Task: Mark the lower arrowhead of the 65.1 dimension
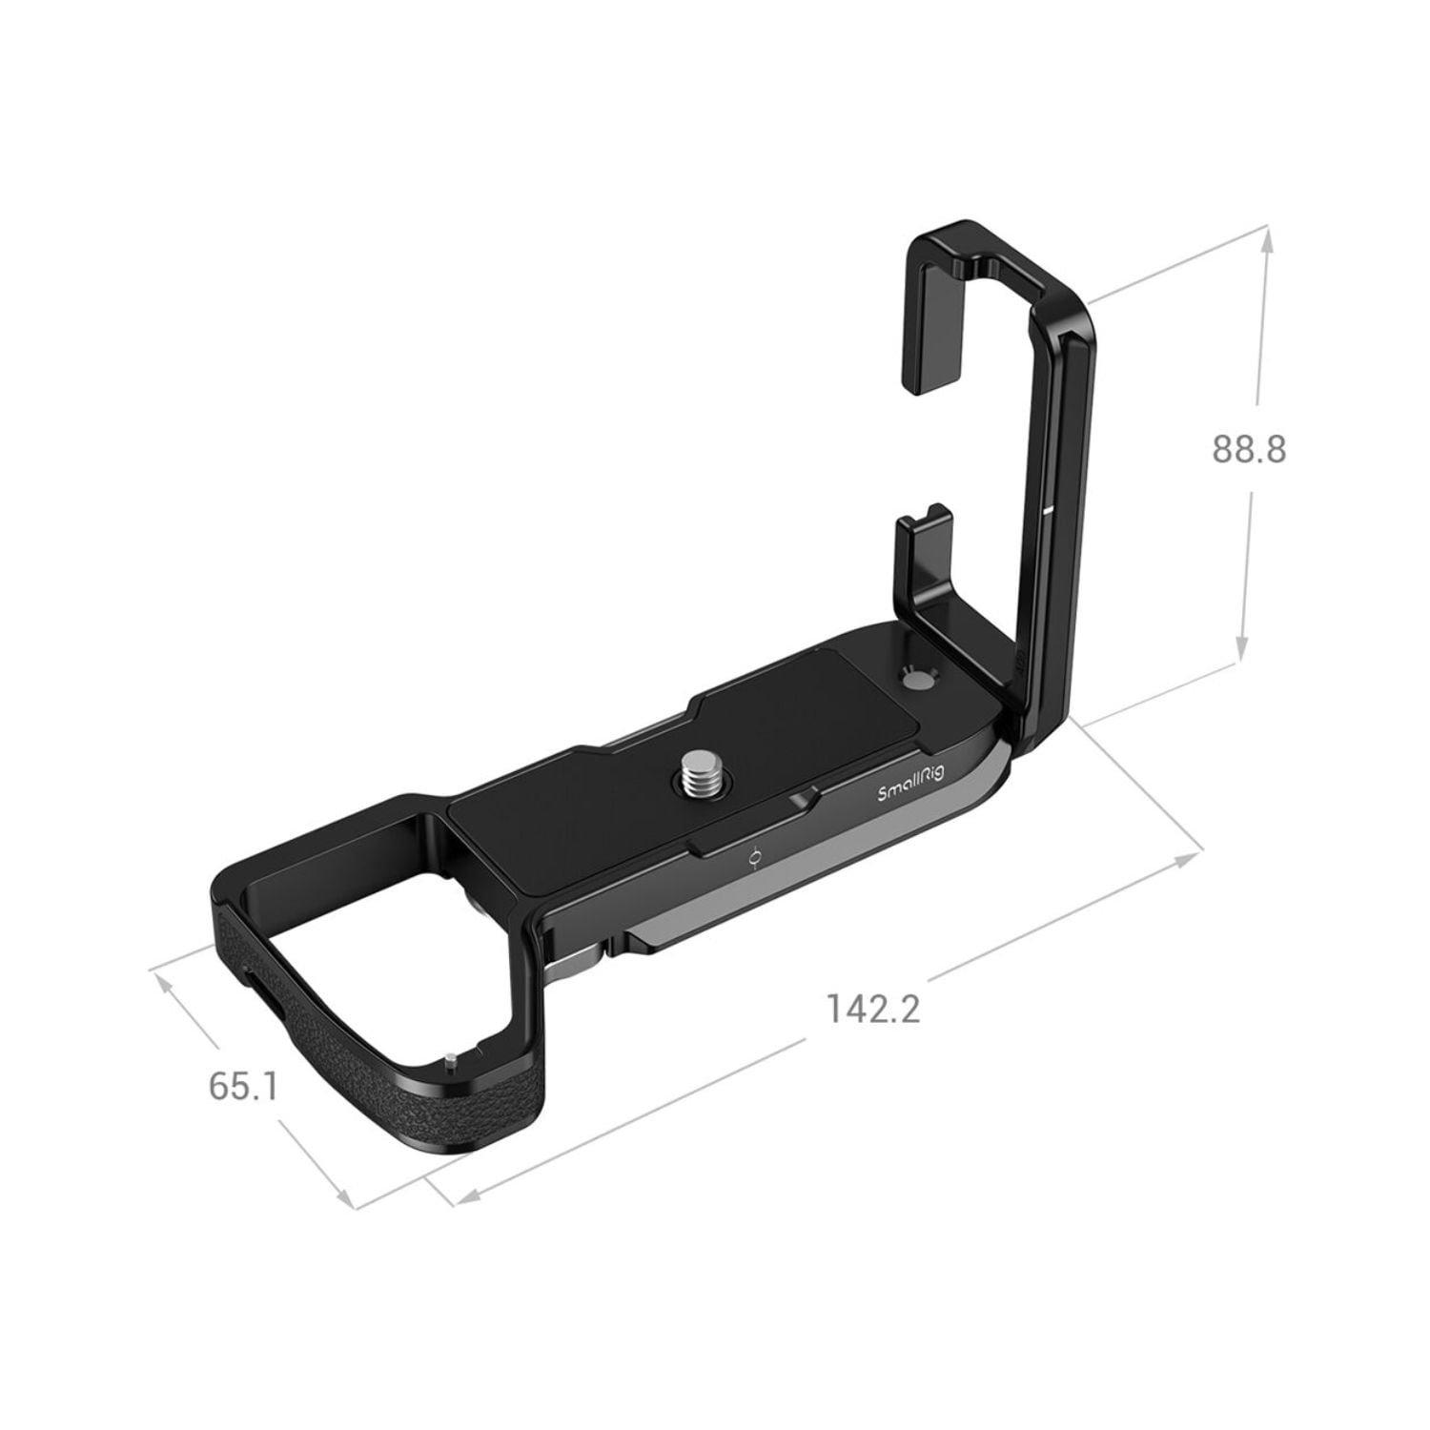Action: [343, 1198]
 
